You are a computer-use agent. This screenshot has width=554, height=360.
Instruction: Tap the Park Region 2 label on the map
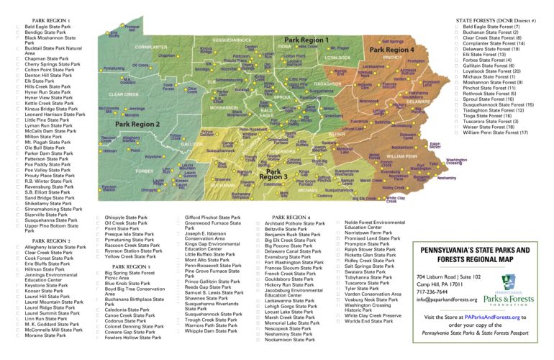pyautogui.click(x=137, y=124)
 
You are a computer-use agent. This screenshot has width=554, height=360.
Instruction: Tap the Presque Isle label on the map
pyautogui.click(x=132, y=27)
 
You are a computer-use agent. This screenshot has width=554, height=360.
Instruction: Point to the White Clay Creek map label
pyautogui.click(x=396, y=199)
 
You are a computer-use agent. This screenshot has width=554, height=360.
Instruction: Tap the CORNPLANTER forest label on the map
pyautogui.click(x=151, y=47)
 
